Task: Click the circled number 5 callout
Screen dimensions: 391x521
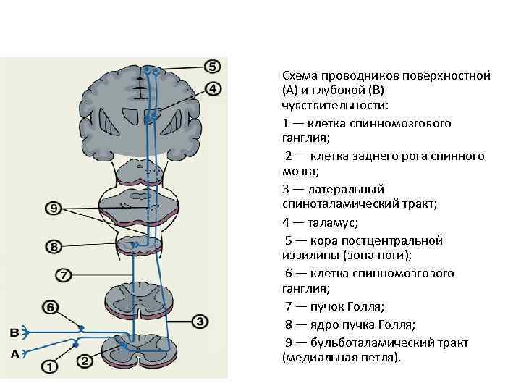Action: pyautogui.click(x=212, y=67)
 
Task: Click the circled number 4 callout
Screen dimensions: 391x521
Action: pyautogui.click(x=213, y=89)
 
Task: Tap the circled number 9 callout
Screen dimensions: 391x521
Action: pyautogui.click(x=55, y=209)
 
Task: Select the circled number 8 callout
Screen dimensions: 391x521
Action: pyautogui.click(x=55, y=247)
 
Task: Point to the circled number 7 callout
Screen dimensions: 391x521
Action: pyautogui.click(x=64, y=275)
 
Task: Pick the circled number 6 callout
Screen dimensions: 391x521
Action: pyautogui.click(x=50, y=307)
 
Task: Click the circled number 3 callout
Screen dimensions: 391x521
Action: pyautogui.click(x=200, y=321)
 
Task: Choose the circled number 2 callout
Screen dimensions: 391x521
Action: pyautogui.click(x=84, y=360)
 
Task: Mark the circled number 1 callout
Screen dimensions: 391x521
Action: pyautogui.click(x=50, y=366)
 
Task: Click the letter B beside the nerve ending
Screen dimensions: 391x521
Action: pyautogui.click(x=14, y=332)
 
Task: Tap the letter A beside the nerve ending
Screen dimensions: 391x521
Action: pyautogui.click(x=14, y=353)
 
